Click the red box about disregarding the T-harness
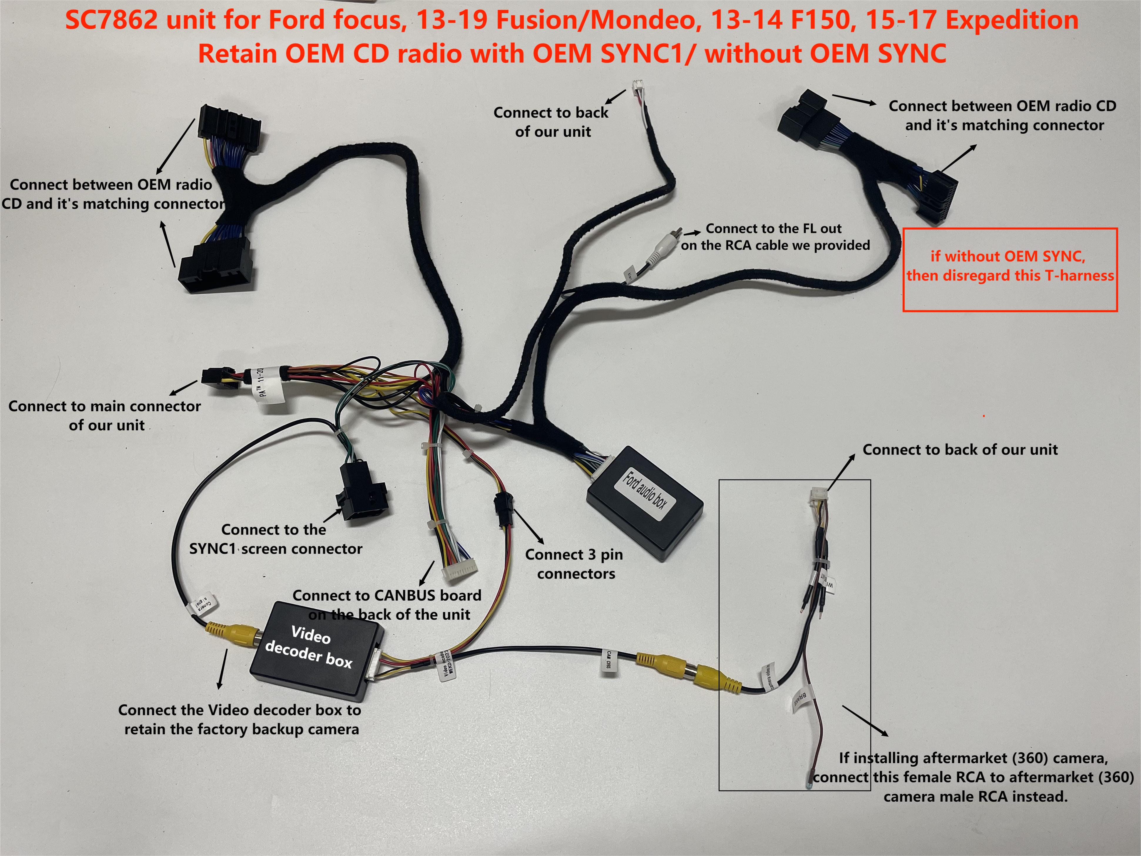tap(1010, 269)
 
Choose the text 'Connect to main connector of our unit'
tap(105, 415)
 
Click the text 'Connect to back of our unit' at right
tap(959, 449)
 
